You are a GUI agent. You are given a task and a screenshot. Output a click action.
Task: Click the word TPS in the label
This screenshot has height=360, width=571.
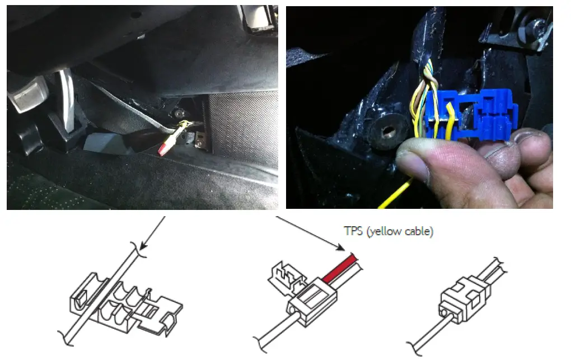click(353, 231)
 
